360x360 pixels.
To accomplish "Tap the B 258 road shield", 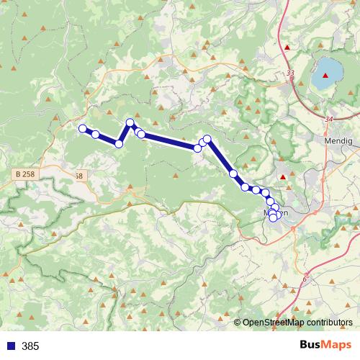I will point(24,174).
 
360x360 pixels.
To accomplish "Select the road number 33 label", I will point(290,73).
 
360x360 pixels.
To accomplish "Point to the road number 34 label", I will point(329,120).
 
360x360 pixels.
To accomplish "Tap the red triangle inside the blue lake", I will point(335,75).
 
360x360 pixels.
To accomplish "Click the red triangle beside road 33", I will point(288,48).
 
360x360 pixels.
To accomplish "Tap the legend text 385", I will point(30,346).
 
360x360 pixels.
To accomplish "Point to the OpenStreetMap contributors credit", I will point(297,322).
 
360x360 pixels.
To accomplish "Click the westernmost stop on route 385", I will point(82,129).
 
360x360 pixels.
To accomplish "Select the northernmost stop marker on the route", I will point(130,123).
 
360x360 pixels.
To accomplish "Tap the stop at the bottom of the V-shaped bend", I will point(119,144).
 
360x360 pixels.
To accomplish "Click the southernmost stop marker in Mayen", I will point(272,217).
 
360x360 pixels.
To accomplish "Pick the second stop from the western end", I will point(95,135).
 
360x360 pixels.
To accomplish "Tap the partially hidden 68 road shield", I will point(79,176).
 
